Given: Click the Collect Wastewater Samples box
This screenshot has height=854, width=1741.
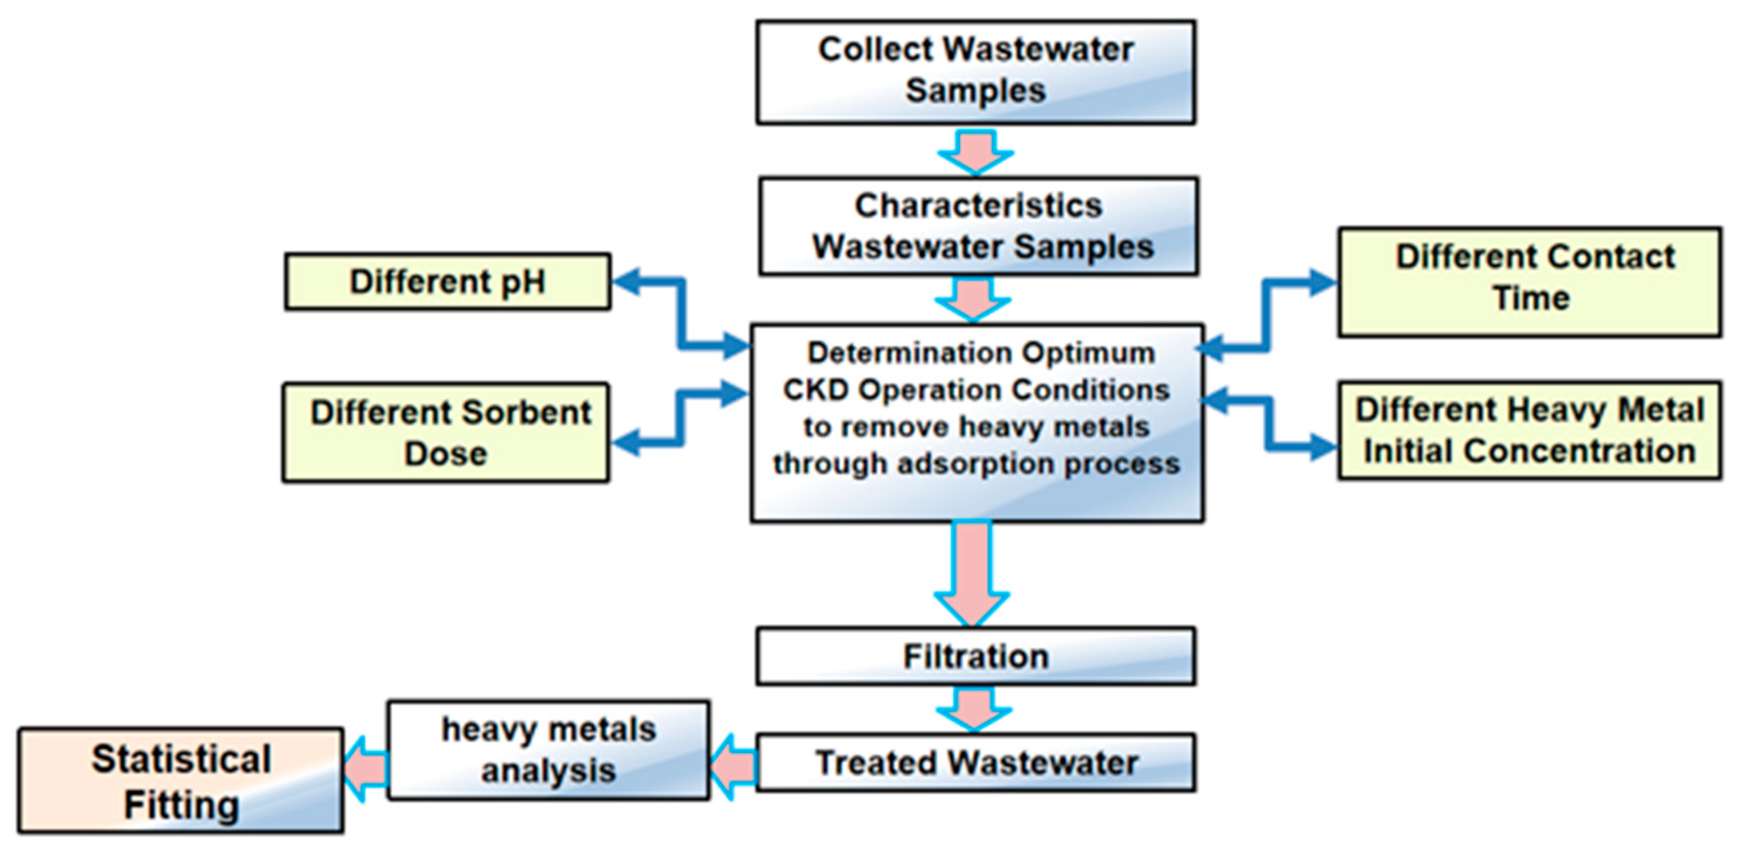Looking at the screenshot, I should (x=975, y=72).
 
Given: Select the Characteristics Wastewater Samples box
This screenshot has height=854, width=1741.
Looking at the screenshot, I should (x=978, y=226).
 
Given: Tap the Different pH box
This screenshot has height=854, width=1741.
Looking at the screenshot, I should (x=447, y=281).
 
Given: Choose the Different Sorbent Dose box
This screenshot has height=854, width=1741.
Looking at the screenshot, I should (x=446, y=433).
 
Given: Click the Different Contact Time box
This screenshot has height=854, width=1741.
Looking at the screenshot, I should (x=1530, y=281).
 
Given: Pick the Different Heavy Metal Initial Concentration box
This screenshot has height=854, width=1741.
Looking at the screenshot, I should (x=1530, y=431).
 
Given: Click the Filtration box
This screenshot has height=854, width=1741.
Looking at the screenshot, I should (x=975, y=656).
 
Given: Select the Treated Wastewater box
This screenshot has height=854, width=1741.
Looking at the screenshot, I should (x=975, y=763).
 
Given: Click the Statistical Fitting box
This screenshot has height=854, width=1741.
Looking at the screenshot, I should (x=181, y=781).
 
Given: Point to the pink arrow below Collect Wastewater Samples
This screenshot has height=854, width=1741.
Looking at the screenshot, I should (x=975, y=152).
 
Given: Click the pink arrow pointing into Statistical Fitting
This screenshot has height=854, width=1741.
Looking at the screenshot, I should (x=366, y=769).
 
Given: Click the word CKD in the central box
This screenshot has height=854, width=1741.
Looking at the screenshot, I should (x=815, y=390).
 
